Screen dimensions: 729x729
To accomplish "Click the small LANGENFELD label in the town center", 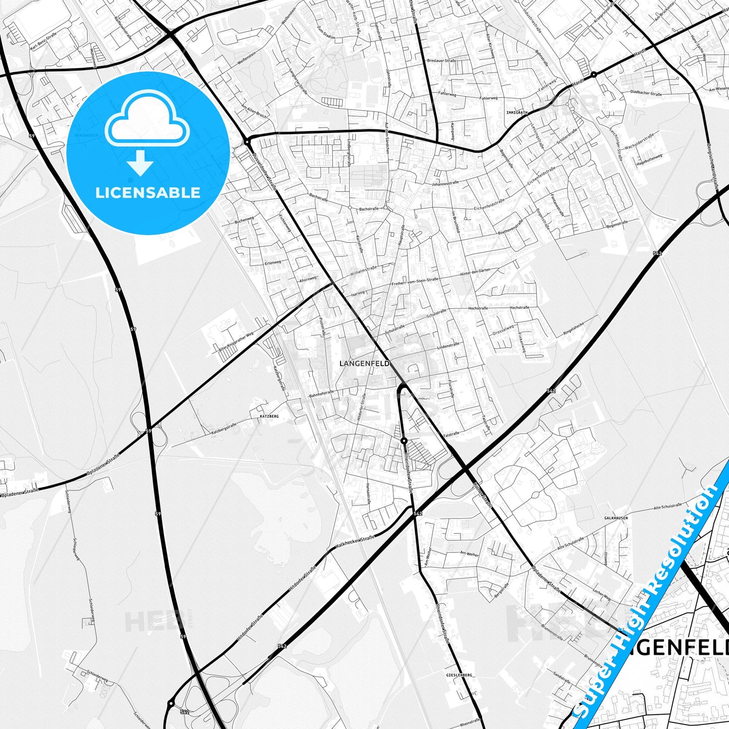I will (x=357, y=363).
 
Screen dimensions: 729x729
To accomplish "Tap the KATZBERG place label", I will (x=268, y=417).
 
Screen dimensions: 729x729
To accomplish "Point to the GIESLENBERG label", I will (x=459, y=675).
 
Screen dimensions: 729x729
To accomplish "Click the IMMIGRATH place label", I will (x=517, y=113).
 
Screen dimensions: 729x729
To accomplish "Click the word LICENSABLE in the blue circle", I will (x=148, y=192).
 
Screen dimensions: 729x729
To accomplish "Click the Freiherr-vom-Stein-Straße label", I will (x=415, y=282).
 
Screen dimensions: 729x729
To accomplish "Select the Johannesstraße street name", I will (x=443, y=184).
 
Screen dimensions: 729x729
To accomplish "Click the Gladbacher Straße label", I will (x=646, y=93).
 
